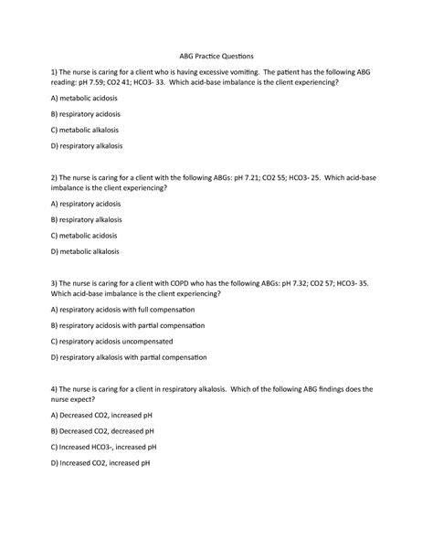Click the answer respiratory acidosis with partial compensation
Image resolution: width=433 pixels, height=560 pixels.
(x=128, y=325)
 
